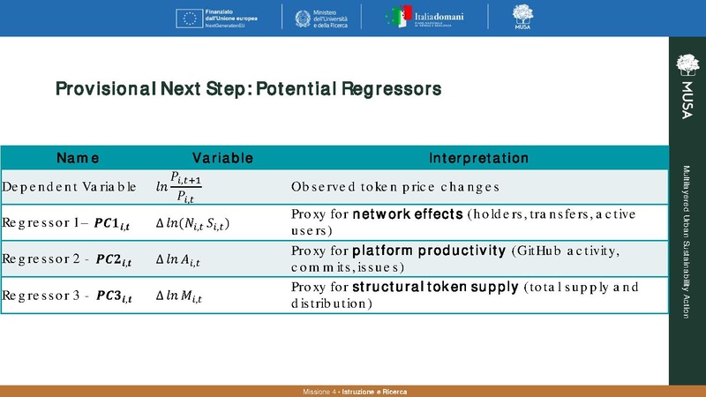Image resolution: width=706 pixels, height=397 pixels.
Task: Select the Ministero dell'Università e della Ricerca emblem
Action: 297,17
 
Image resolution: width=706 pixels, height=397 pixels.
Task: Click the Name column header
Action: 78,158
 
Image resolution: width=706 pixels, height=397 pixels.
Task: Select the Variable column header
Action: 223,158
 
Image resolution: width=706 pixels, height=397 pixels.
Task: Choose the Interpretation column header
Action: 478,158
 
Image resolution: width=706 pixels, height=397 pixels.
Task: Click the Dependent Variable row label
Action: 69,187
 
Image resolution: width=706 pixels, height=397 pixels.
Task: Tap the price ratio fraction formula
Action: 184,187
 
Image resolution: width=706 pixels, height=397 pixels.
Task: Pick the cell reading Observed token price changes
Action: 395,187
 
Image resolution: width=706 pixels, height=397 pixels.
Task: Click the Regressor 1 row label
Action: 66,225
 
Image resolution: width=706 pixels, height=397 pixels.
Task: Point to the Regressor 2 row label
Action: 66,260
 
